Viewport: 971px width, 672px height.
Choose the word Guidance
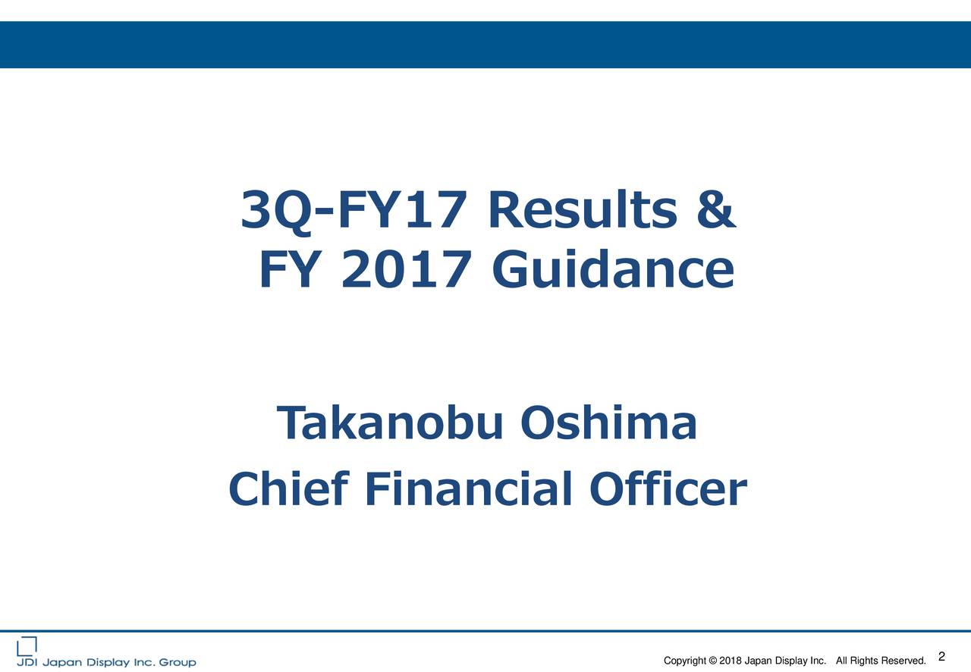click(x=612, y=271)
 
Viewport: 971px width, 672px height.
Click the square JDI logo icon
click(x=27, y=645)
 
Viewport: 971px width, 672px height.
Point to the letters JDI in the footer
click(x=27, y=662)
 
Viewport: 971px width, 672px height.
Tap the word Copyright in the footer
click(x=685, y=661)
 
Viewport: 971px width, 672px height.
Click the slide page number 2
click(x=941, y=657)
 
